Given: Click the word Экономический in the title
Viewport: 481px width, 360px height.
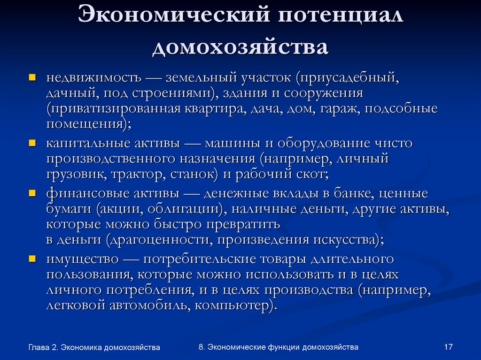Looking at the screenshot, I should tap(173, 16).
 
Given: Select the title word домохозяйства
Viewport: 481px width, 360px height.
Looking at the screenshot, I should tap(240, 47).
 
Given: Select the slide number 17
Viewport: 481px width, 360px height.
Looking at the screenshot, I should tap(448, 347).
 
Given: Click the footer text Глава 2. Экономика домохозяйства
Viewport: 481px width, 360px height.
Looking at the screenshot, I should tap(94, 347).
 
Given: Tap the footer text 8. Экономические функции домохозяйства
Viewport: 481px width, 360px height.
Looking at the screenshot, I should tap(278, 347).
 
